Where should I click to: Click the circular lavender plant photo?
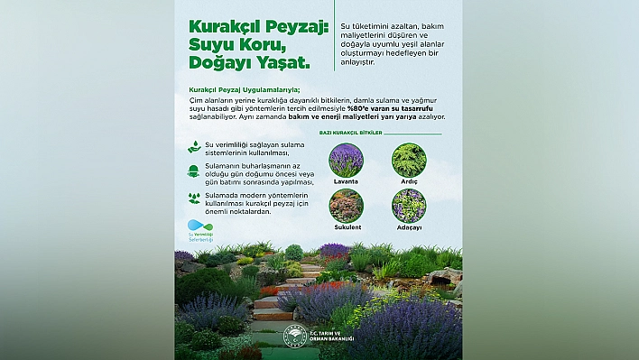click(346, 160)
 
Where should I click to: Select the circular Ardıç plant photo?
click(409, 160)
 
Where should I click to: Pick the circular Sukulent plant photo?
click(346, 205)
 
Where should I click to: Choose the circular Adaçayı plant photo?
click(409, 205)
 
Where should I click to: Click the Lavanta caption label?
click(346, 181)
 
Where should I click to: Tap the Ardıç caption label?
click(409, 181)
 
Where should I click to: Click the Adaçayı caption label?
click(409, 226)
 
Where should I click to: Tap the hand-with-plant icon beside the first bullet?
click(194, 146)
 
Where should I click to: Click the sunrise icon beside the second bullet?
click(193, 171)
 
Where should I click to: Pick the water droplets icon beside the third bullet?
click(193, 197)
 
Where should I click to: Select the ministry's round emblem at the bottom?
click(296, 336)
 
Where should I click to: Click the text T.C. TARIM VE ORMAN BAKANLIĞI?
click(333, 337)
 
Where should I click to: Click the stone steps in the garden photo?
click(272, 302)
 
